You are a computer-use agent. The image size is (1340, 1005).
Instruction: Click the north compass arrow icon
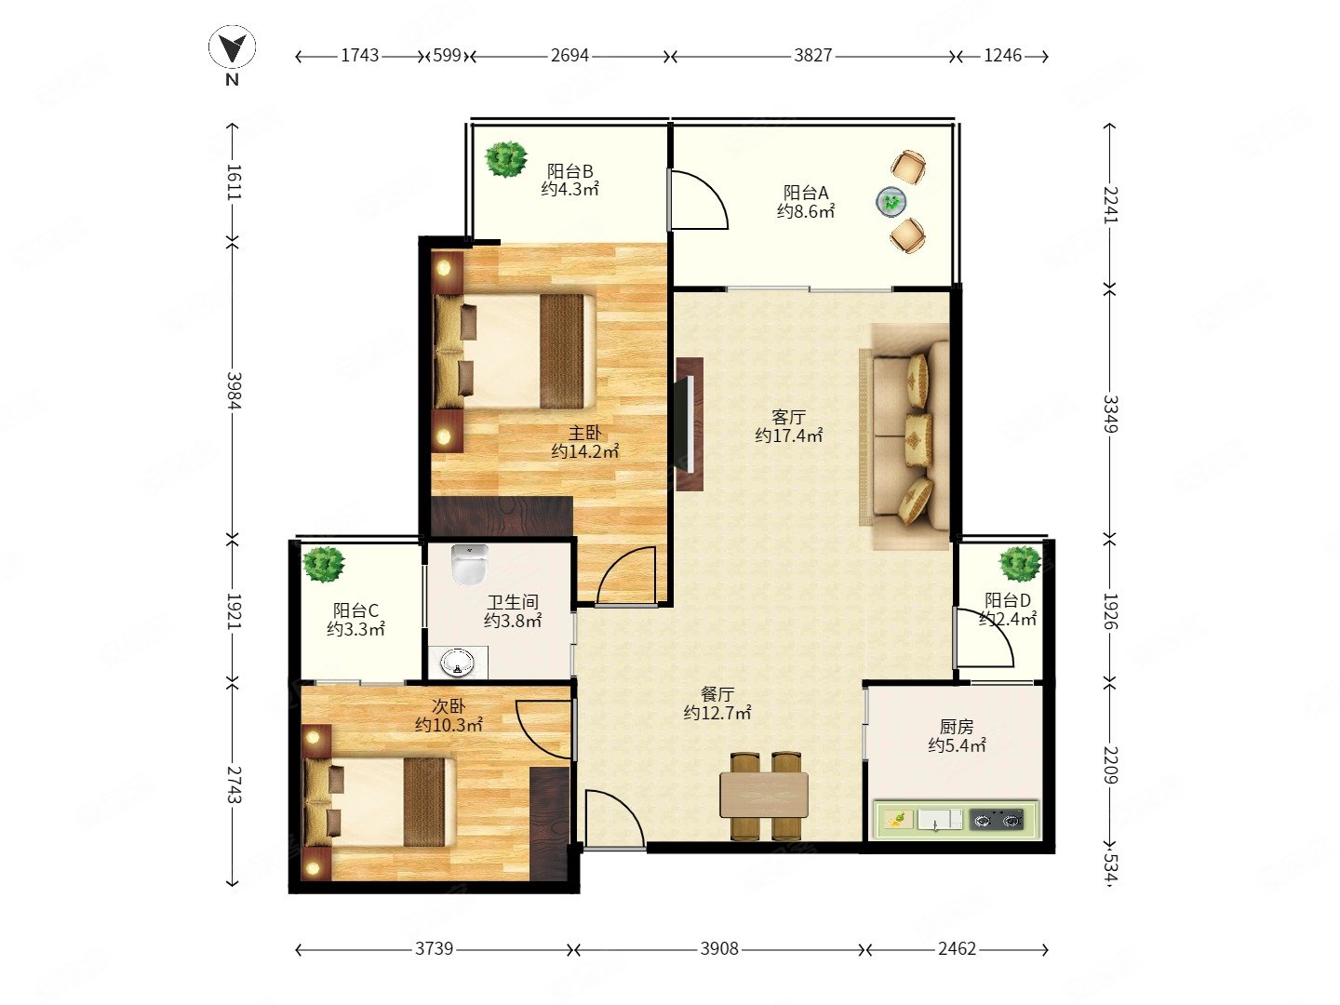232,47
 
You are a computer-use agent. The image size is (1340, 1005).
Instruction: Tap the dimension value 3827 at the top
812,56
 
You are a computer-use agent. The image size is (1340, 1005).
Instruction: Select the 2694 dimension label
569,56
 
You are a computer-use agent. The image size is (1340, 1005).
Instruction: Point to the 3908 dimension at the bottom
718,949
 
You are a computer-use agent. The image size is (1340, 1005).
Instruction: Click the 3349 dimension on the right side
1110,414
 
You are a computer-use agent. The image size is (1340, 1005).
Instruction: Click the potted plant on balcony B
505,159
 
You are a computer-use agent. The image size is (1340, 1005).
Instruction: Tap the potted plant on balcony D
1021,564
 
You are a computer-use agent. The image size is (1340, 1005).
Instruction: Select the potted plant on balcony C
324,564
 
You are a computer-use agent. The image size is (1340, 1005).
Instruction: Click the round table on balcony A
891,202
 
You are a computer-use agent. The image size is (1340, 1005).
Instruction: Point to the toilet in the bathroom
469,564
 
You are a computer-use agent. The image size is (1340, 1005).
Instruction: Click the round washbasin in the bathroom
457,662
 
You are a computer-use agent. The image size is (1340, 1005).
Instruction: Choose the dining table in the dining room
764,795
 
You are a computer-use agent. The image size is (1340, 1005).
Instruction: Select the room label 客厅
788,418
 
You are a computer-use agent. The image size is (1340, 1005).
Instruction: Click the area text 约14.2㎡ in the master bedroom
584,451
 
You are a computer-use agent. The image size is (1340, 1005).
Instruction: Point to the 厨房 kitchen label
956,727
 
